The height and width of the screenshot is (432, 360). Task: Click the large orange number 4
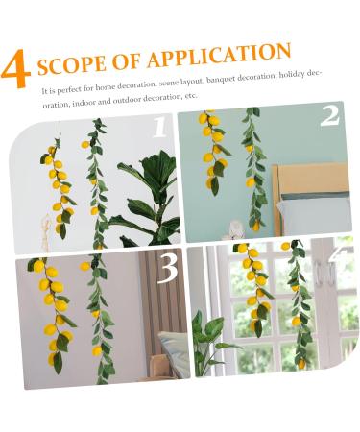point(15,71)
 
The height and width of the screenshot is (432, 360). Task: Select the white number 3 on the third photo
point(167,270)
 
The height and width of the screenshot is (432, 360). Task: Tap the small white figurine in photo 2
point(234,229)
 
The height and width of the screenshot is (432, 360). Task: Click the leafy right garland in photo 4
point(299,307)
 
